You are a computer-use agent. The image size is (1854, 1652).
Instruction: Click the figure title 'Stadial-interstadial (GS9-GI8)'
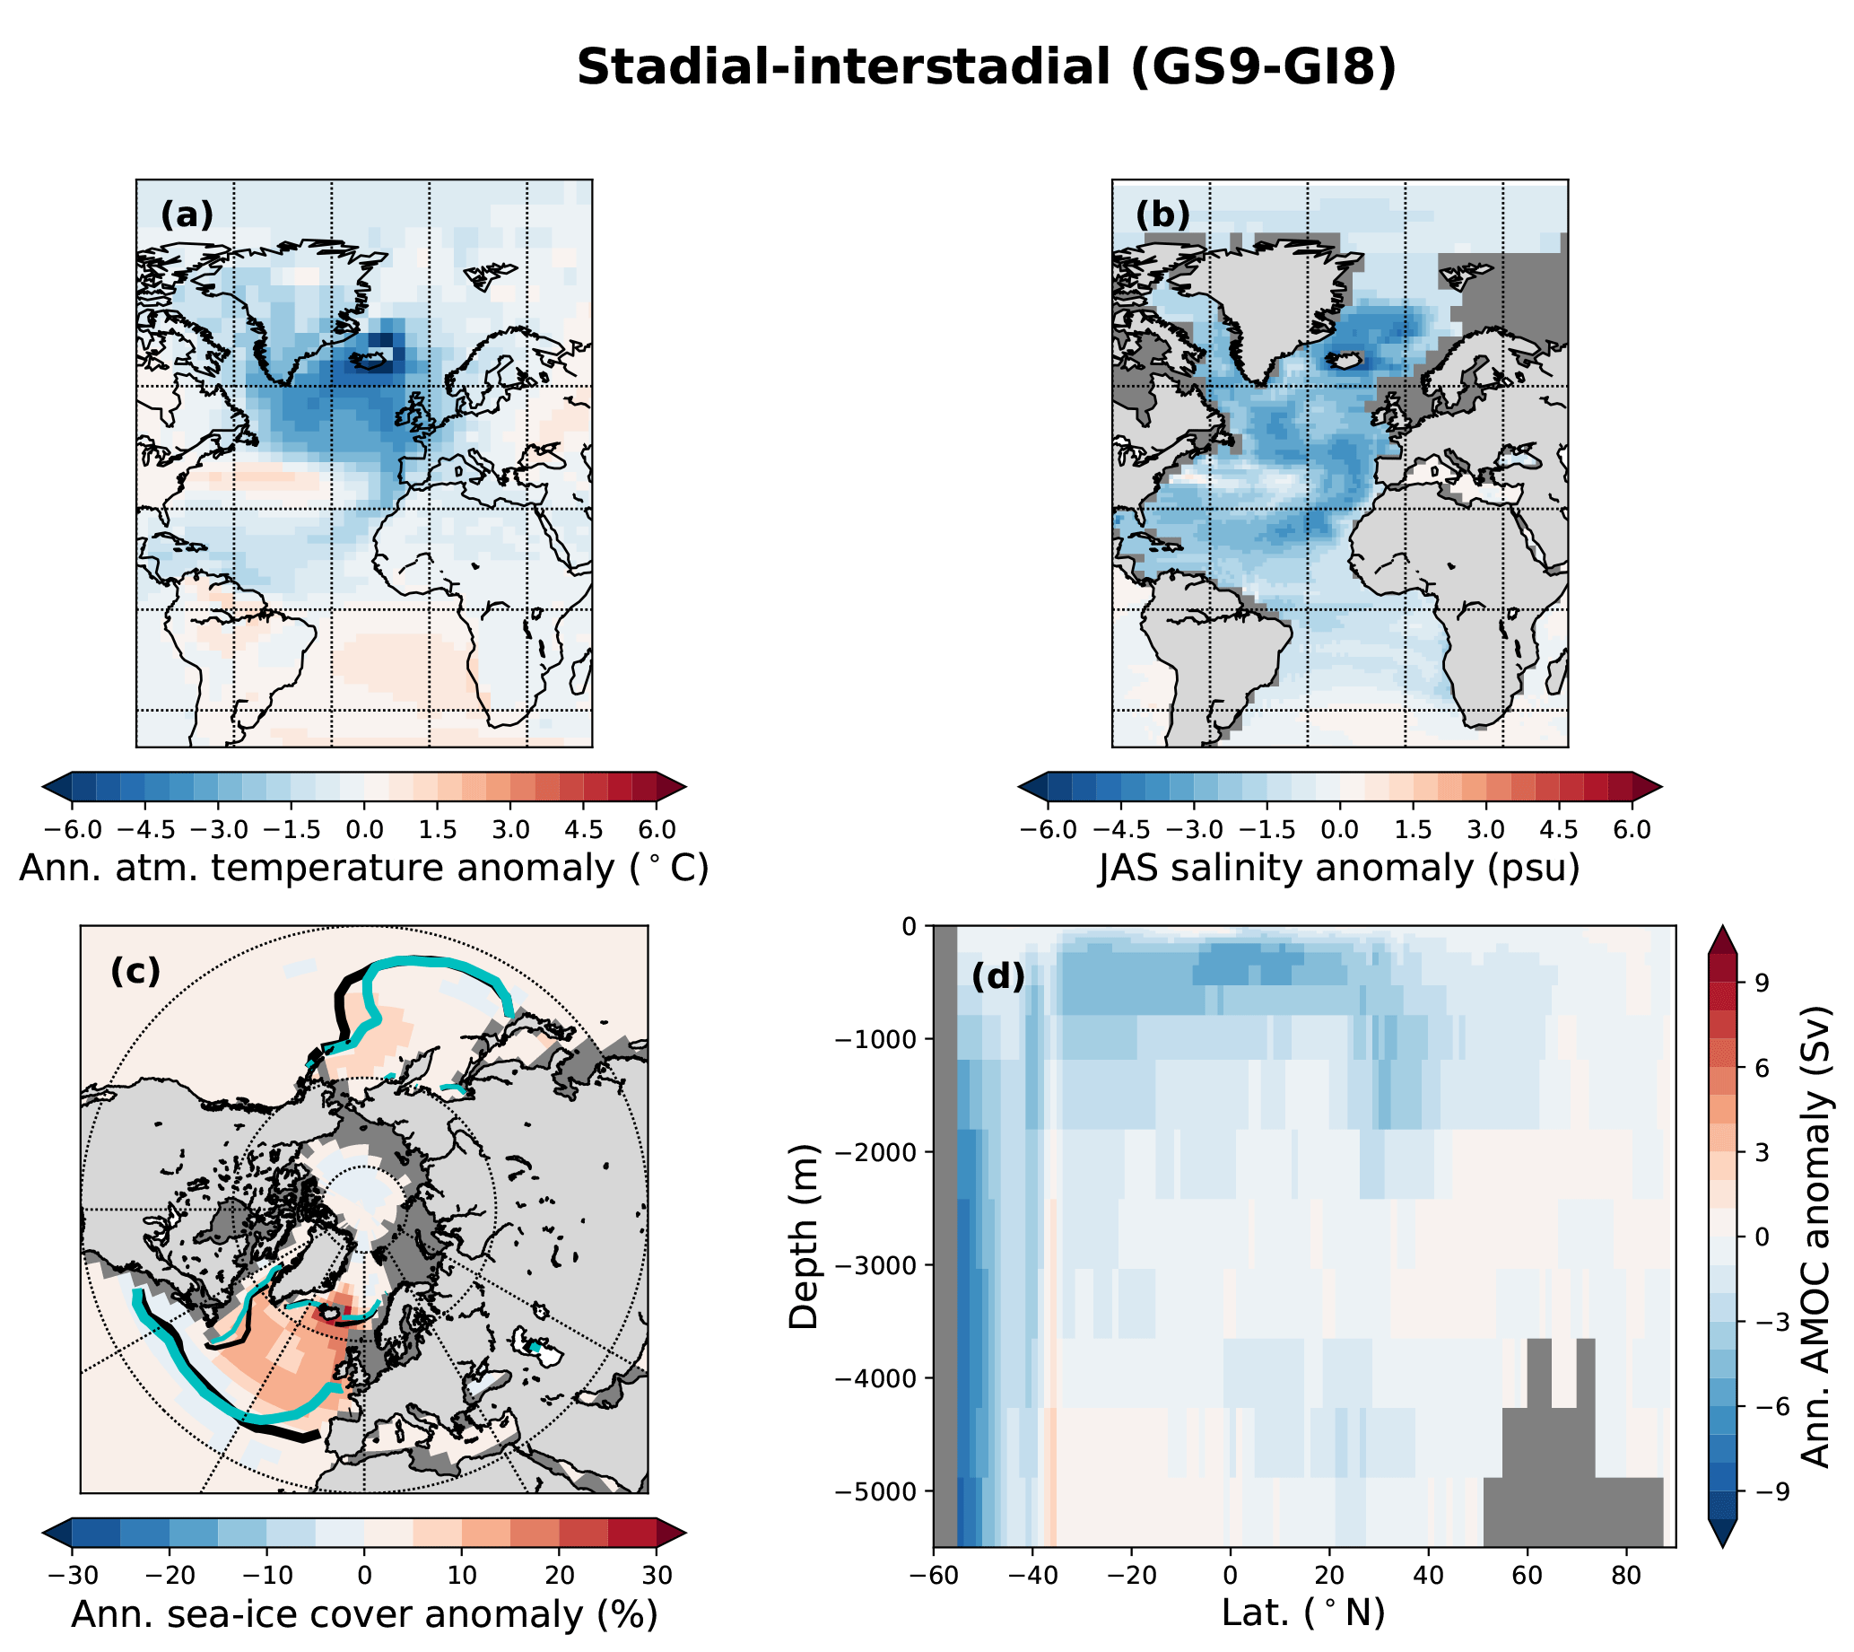(x=987, y=67)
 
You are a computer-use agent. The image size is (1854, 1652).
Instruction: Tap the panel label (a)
(x=187, y=215)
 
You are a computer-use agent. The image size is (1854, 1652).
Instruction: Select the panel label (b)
(x=1162, y=215)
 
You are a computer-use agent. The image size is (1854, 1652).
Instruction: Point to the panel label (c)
(x=135, y=971)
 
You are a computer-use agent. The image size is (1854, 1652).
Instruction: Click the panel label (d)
(x=997, y=977)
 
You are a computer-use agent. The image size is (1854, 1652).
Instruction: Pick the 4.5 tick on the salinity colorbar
(x=1559, y=829)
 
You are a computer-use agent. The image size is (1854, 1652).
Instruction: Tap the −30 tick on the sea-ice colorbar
(x=71, y=1575)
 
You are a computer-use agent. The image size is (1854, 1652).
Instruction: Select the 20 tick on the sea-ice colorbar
(x=559, y=1575)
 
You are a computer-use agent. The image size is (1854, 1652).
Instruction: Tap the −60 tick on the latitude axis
(x=933, y=1575)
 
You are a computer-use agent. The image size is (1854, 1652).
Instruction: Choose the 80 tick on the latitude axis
(x=1626, y=1575)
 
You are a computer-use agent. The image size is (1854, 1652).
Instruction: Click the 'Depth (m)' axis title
(x=804, y=1237)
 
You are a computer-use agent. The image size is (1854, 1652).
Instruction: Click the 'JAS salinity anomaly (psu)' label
(x=1339, y=868)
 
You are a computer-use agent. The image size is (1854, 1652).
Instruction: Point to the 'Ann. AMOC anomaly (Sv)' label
(x=1816, y=1237)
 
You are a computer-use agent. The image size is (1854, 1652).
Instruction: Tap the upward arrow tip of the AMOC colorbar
(x=1721, y=930)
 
